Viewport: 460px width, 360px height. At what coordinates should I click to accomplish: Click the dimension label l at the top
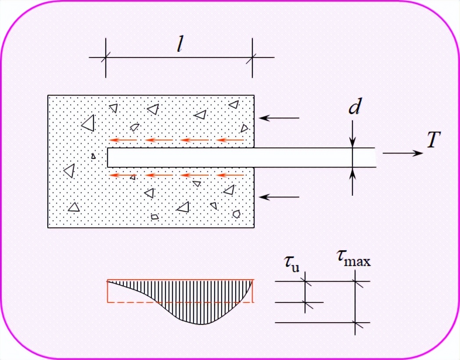(180, 45)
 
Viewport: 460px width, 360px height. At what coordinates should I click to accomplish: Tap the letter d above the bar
(354, 108)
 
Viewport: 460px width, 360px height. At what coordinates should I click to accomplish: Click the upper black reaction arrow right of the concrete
(279, 118)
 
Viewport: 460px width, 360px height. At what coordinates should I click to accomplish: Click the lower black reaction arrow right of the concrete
(279, 197)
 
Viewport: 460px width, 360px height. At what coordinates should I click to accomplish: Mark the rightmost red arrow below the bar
(231, 175)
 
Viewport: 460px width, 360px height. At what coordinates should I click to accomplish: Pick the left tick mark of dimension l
(106, 58)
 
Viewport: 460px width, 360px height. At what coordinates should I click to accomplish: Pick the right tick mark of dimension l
(252, 58)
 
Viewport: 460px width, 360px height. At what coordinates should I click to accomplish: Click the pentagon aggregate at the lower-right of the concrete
(237, 214)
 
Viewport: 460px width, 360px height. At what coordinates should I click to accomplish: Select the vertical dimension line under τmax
(356, 303)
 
